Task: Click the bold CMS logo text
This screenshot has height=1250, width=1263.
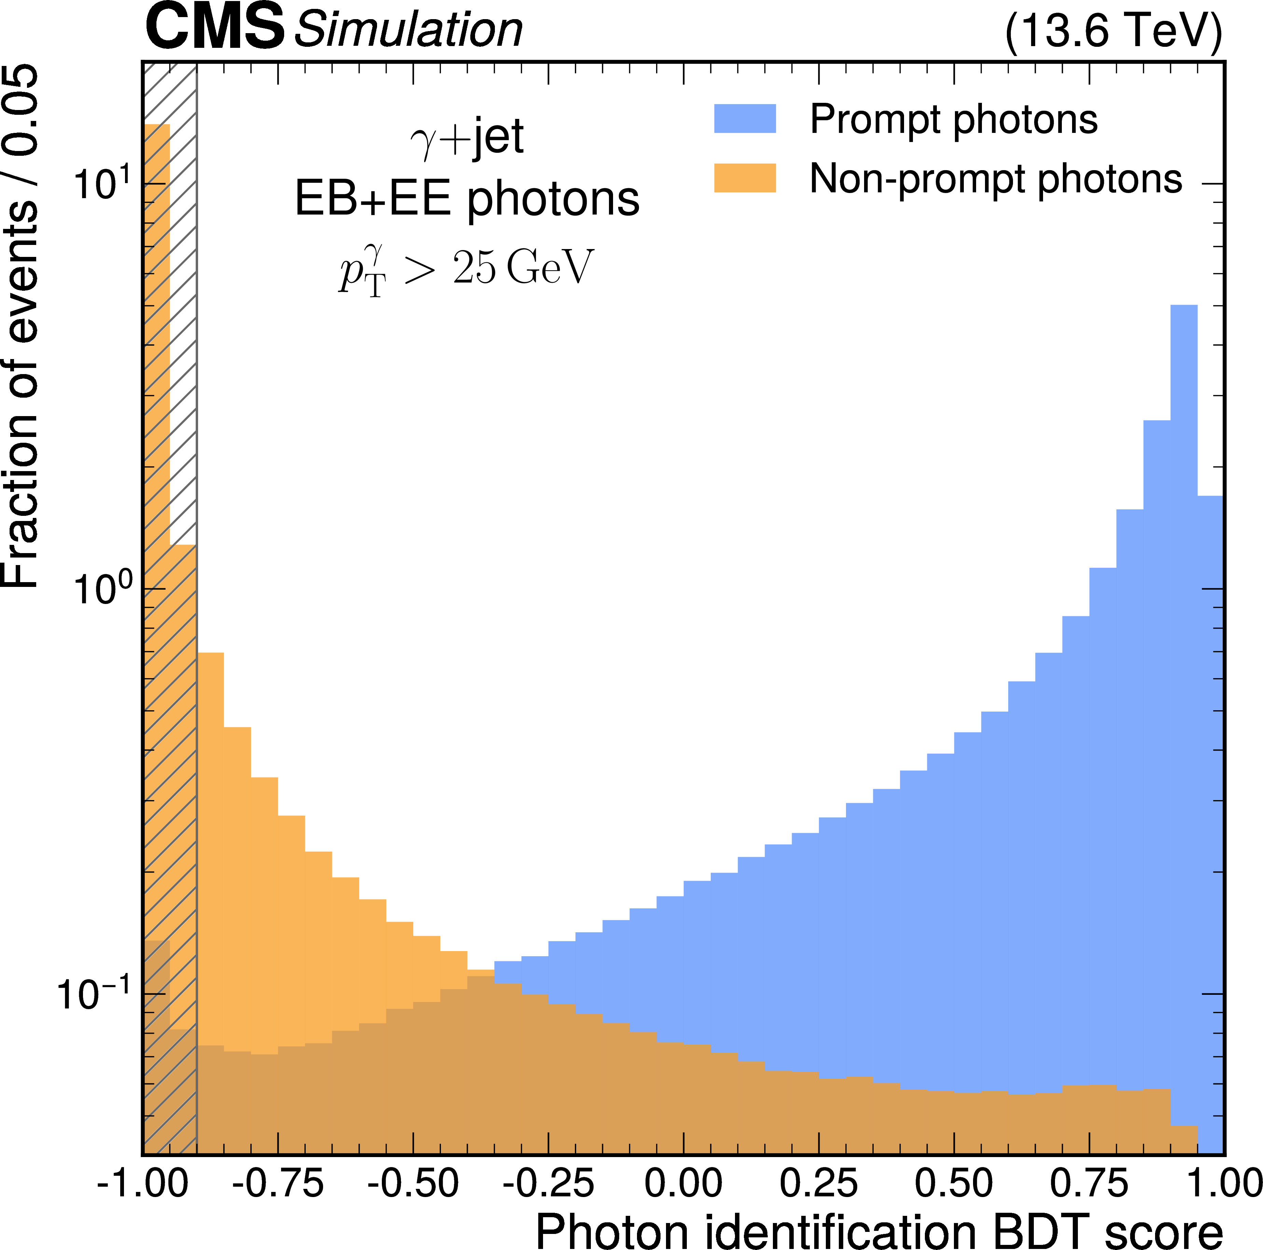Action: [x=214, y=27]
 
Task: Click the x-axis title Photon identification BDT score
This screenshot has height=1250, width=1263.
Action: [x=879, y=1231]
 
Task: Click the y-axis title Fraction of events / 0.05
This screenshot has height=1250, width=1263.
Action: [x=21, y=327]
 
